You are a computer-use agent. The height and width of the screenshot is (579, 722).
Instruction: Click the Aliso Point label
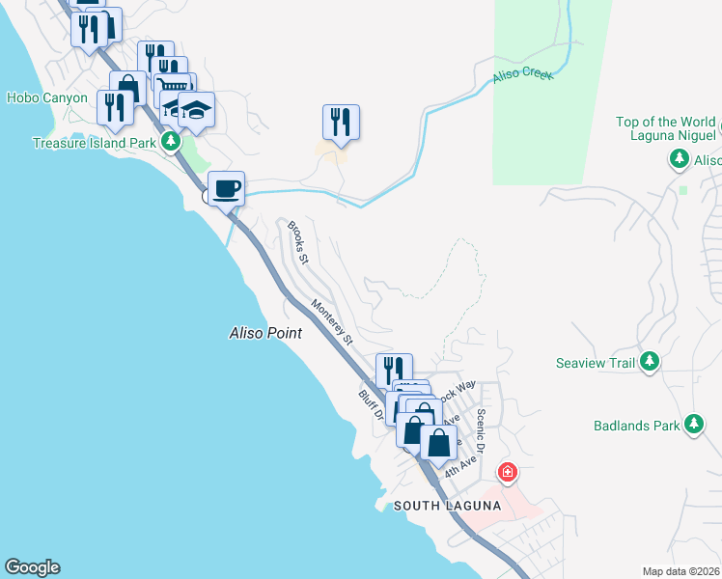[x=265, y=333]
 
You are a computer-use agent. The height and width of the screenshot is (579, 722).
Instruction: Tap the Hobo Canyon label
[x=46, y=97]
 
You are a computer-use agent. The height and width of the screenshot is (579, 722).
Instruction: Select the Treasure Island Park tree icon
[x=172, y=142]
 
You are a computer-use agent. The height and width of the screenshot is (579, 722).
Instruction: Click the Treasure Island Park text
[x=94, y=143]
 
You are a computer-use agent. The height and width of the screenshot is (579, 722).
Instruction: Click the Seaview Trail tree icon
[x=650, y=362]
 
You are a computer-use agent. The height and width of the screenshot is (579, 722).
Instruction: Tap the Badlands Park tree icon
[x=693, y=425]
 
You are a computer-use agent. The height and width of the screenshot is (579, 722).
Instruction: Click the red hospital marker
[x=507, y=473]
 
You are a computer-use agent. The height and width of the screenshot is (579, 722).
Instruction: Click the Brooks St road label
[x=297, y=242]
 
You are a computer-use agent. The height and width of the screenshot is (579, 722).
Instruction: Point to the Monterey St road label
[x=333, y=322]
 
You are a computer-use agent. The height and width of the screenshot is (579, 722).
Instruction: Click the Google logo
[x=32, y=567]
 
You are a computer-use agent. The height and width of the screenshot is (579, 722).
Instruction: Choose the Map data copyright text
[x=681, y=571]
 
